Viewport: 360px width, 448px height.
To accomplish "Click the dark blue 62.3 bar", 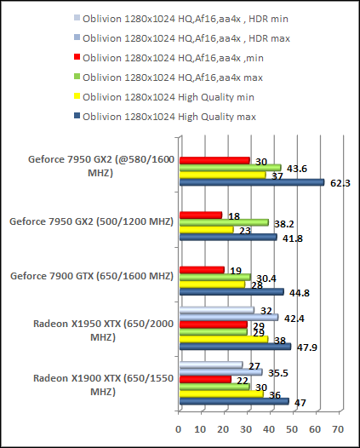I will click(251, 181).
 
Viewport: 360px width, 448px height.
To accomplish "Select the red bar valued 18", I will click(201, 215).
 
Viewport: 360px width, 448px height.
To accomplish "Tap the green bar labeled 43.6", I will click(230, 167).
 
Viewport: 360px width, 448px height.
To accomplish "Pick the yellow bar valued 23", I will click(206, 230).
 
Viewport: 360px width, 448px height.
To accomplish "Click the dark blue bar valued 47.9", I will click(235, 347).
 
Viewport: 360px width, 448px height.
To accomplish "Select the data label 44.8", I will click(298, 293).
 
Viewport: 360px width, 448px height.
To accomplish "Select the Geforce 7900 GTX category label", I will click(91, 274).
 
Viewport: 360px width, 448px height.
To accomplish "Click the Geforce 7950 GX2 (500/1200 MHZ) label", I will click(91, 222).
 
